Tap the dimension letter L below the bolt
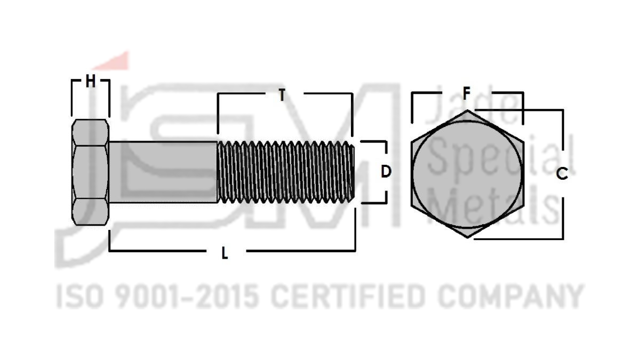[x=225, y=253]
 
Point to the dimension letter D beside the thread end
[x=386, y=172]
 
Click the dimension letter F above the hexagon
[x=466, y=94]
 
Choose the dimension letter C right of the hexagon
[x=562, y=173]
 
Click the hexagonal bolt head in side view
[x=90, y=172]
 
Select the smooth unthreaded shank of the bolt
[x=163, y=172]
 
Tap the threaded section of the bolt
[x=285, y=172]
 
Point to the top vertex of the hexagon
[x=467, y=110]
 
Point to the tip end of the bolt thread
[x=353, y=172]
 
